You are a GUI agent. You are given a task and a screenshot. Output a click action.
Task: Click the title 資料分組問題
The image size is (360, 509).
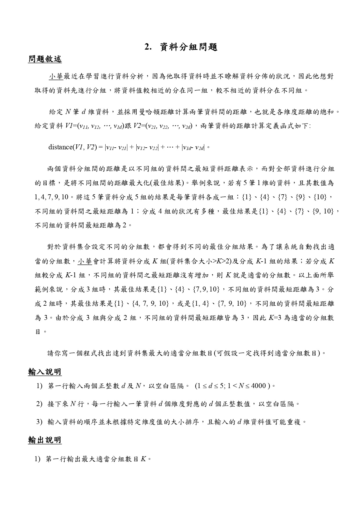click(x=189, y=47)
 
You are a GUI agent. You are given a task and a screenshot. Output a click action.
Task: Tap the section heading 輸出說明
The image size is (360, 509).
click(x=45, y=440)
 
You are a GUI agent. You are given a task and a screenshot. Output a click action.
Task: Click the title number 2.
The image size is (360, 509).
click(x=148, y=47)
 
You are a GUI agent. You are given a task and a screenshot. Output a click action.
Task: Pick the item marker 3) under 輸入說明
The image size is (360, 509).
click(x=40, y=421)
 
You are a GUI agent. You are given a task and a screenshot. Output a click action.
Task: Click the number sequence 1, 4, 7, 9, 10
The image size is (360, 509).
click(x=51, y=198)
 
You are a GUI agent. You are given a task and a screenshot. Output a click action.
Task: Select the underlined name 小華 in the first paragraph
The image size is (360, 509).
click(x=56, y=77)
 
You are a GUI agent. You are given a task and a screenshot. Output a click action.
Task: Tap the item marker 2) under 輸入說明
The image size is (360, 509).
click(x=40, y=404)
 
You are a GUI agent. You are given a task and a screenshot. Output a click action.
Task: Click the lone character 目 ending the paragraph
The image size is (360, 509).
click(x=38, y=332)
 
